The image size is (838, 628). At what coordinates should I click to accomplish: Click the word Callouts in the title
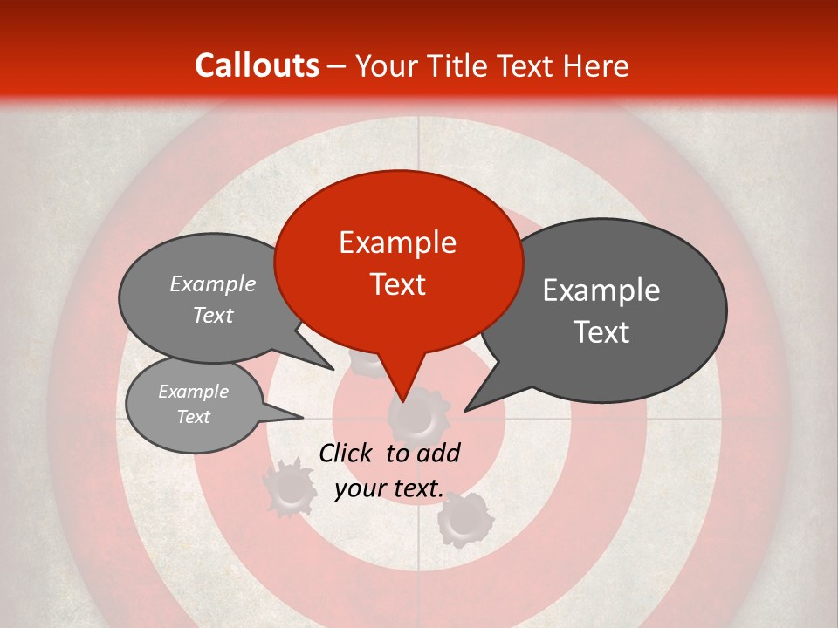coord(257,65)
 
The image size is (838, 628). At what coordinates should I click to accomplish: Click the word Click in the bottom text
coord(347,453)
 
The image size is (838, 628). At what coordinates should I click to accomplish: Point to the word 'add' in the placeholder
coord(439,453)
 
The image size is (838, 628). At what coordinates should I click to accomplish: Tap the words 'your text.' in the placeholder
coord(388,488)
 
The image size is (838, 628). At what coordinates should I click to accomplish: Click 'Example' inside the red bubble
coord(398,242)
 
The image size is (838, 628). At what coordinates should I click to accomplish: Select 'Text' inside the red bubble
coord(398,284)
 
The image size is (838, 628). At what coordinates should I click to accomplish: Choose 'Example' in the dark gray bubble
coord(601,290)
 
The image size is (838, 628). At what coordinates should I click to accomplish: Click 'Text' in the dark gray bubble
coord(601,332)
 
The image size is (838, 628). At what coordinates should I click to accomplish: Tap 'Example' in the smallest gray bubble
coord(194,392)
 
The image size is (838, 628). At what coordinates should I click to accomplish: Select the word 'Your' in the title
coord(384,66)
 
